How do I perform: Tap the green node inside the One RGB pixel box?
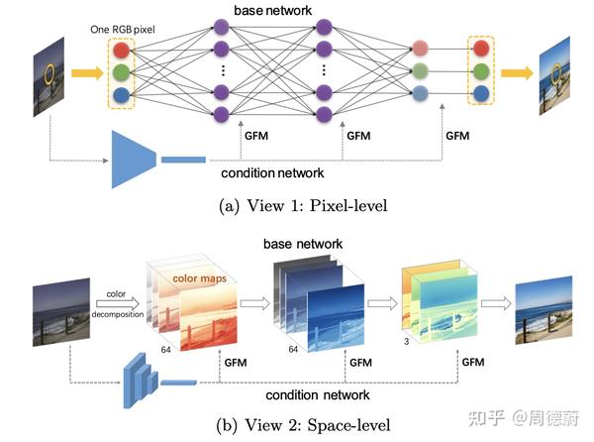(122, 72)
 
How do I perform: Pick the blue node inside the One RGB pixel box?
(122, 95)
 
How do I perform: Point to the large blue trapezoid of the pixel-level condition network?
(134, 158)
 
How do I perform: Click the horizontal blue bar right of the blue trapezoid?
(183, 159)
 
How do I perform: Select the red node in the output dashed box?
(481, 48)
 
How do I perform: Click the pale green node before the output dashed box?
(420, 70)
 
